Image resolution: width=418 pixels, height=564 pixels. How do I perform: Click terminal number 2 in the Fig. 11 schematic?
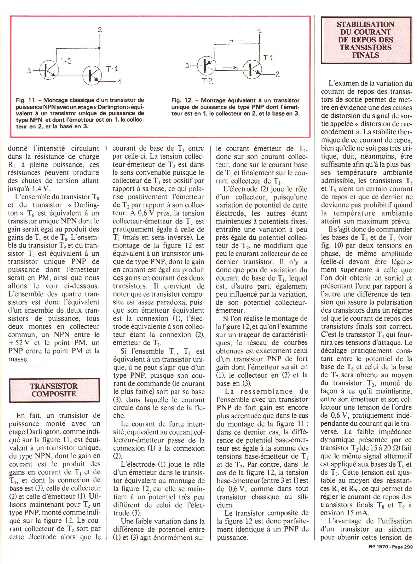[100, 30]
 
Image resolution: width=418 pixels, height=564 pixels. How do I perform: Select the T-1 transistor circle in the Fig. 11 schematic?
[92, 75]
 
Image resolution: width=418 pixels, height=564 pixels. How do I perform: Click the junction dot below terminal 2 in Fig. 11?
[99, 48]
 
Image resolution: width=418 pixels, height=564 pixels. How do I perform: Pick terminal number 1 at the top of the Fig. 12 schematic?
[259, 31]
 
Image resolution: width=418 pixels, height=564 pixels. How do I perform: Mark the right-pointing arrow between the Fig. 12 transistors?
[232, 68]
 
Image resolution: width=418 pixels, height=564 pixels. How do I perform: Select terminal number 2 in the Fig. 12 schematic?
[277, 74]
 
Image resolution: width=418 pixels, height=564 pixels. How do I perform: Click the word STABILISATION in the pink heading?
[365, 24]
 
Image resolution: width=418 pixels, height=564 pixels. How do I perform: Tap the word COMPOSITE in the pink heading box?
[54, 394]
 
